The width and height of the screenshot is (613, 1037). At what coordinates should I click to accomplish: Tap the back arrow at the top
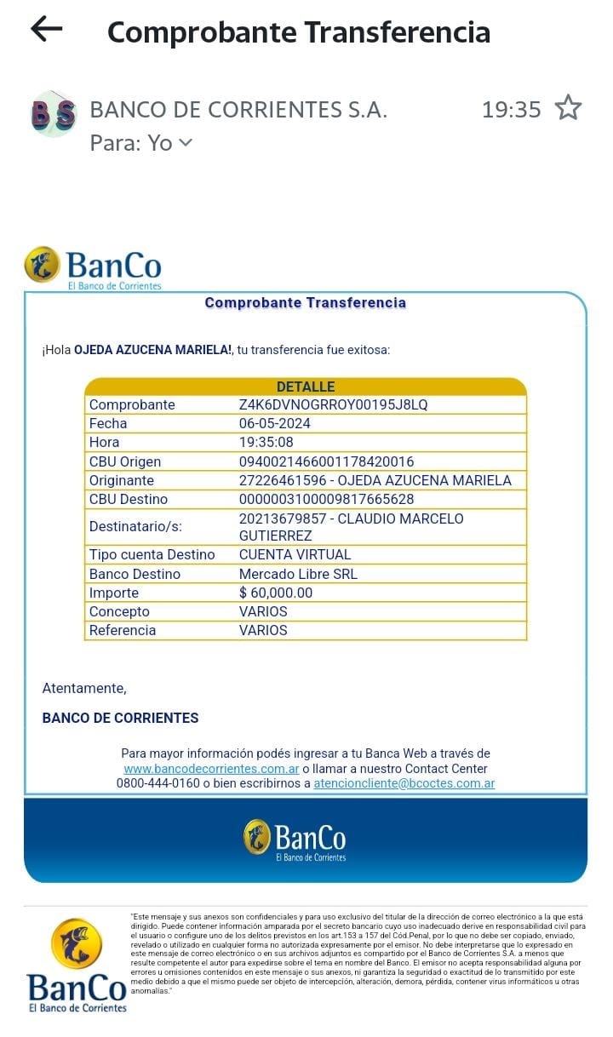point(47,30)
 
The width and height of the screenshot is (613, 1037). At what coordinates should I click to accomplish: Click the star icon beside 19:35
point(568,109)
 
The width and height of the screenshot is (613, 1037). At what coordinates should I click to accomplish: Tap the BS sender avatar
point(53,113)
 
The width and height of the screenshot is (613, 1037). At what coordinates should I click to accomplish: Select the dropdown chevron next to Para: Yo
point(186,143)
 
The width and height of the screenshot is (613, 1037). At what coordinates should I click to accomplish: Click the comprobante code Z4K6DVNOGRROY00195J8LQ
point(333,404)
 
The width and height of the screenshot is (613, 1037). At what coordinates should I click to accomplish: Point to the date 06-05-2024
point(275,423)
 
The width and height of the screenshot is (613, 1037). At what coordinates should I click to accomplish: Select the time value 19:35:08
point(266,442)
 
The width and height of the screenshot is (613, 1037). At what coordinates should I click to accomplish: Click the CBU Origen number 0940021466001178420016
point(326,461)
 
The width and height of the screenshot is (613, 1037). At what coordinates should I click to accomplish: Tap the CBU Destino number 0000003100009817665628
point(326,499)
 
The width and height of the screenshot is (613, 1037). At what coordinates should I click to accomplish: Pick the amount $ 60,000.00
point(276,593)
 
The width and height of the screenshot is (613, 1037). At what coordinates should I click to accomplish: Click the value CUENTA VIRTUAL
point(295,554)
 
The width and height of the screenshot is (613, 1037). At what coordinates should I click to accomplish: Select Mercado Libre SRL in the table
point(298,574)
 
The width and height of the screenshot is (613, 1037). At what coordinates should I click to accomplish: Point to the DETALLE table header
point(306,387)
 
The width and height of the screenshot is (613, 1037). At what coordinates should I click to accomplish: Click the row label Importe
point(114,593)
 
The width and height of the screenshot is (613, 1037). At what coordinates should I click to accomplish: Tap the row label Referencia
point(123,630)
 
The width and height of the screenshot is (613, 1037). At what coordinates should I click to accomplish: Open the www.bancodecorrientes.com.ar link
point(211,768)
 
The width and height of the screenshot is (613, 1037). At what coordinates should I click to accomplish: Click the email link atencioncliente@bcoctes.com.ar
point(404,783)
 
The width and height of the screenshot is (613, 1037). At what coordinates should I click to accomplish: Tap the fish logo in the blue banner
point(256,837)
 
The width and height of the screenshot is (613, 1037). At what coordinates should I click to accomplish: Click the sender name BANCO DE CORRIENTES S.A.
point(238,110)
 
